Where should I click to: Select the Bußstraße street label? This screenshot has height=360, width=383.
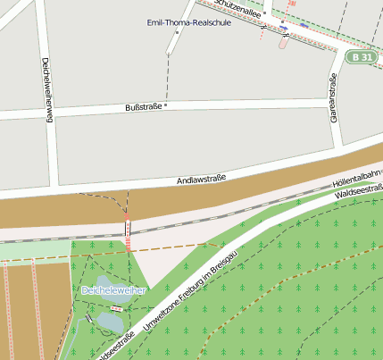point(144,107)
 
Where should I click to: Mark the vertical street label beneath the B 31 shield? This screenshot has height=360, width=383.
point(334,102)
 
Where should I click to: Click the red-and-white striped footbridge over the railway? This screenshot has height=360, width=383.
point(128,235)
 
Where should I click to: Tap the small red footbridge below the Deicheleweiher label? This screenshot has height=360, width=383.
point(117,309)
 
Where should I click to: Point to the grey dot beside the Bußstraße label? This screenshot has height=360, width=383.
point(166,105)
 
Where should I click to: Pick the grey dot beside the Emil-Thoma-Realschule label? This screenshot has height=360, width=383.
point(178,33)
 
